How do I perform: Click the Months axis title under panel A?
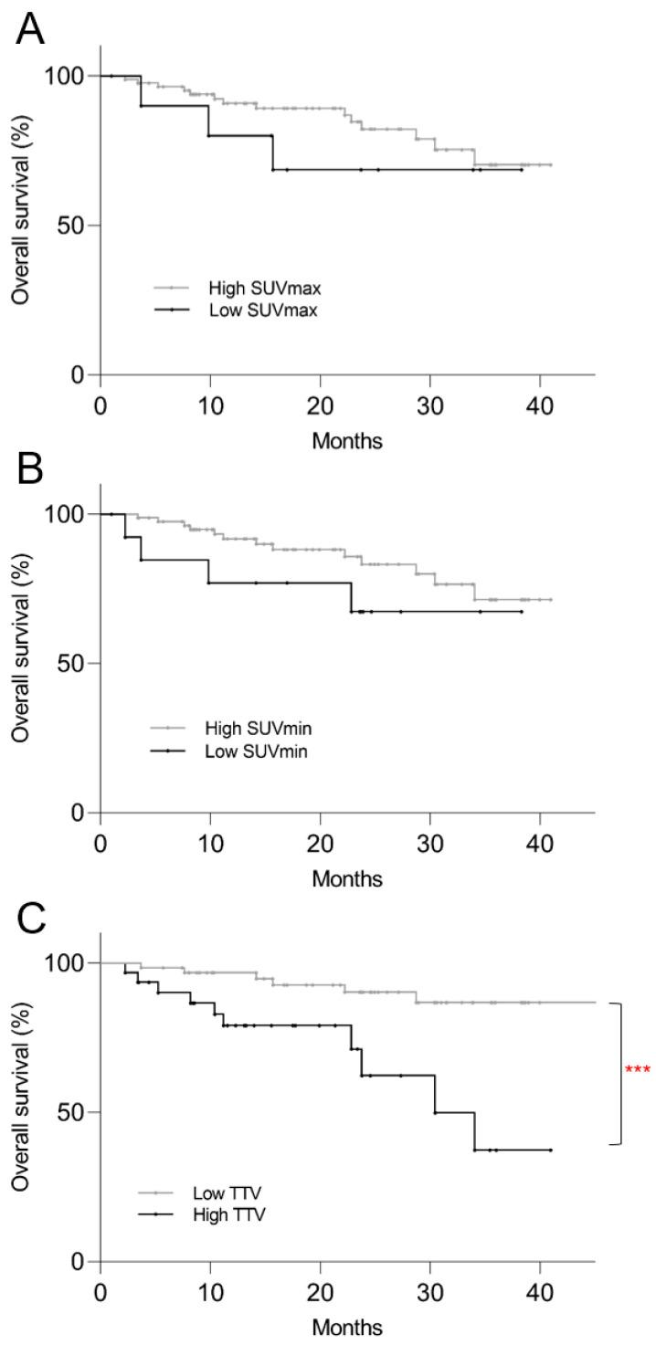[x=347, y=441]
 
